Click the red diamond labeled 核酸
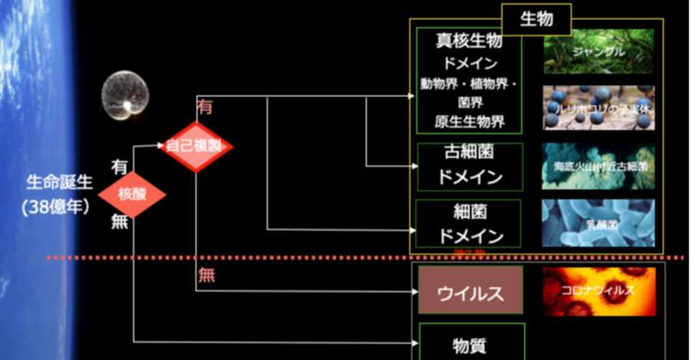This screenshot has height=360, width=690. point(132,194)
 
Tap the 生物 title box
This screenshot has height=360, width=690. point(536,19)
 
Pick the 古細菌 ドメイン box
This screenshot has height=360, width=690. point(469,166)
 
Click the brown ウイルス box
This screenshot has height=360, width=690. point(471,290)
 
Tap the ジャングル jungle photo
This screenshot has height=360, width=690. point(599,51)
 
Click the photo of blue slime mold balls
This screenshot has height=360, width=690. point(599,108)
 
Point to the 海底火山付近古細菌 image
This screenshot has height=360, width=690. point(599,166)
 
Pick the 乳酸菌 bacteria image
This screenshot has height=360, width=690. point(599,223)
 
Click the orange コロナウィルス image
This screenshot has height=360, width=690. point(599,291)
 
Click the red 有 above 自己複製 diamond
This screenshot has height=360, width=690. point(205,107)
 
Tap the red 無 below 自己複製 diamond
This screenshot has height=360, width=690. point(207,274)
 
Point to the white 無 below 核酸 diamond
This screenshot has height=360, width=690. point(119,222)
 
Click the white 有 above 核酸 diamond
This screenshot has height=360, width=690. point(119,167)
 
